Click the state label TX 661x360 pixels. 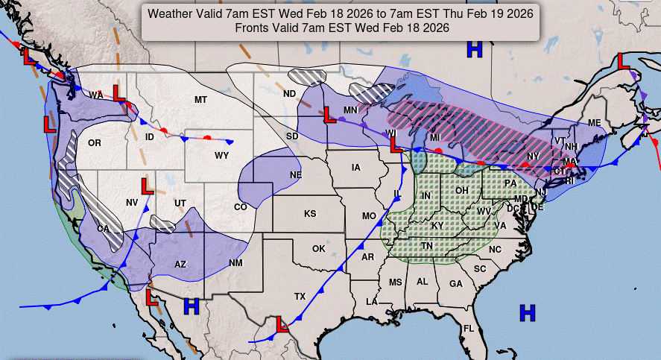(x=300, y=297)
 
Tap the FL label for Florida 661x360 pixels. (x=469, y=329)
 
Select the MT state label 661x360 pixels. (x=200, y=100)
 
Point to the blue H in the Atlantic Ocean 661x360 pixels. (x=528, y=312)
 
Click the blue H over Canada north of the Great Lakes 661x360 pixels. (x=474, y=50)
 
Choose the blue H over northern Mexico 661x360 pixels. (x=192, y=306)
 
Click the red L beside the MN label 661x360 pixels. (x=328, y=114)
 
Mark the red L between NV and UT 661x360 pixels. (x=148, y=186)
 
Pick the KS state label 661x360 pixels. (x=310, y=214)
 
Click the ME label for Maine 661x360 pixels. (x=594, y=123)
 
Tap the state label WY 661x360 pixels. (x=222, y=156)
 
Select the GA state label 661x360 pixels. (x=455, y=284)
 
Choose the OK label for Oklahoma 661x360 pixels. (x=319, y=248)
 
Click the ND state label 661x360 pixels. (x=289, y=94)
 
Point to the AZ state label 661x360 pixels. (x=180, y=264)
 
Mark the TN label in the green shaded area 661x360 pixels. (x=427, y=245)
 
